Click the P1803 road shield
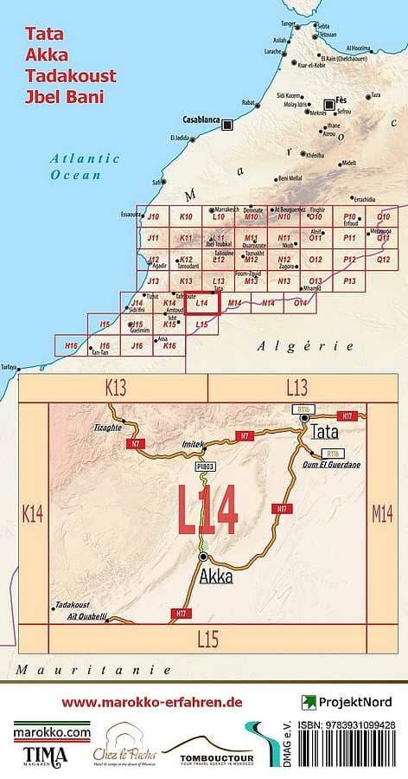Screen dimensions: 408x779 pyautogui.click(x=204, y=467)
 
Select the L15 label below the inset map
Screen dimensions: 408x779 pyautogui.click(x=208, y=640)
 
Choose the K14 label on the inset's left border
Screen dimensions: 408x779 pyautogui.click(x=33, y=514)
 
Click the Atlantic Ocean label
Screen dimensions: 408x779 pyautogui.click(x=84, y=165)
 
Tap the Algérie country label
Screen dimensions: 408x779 pyautogui.click(x=305, y=345)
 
